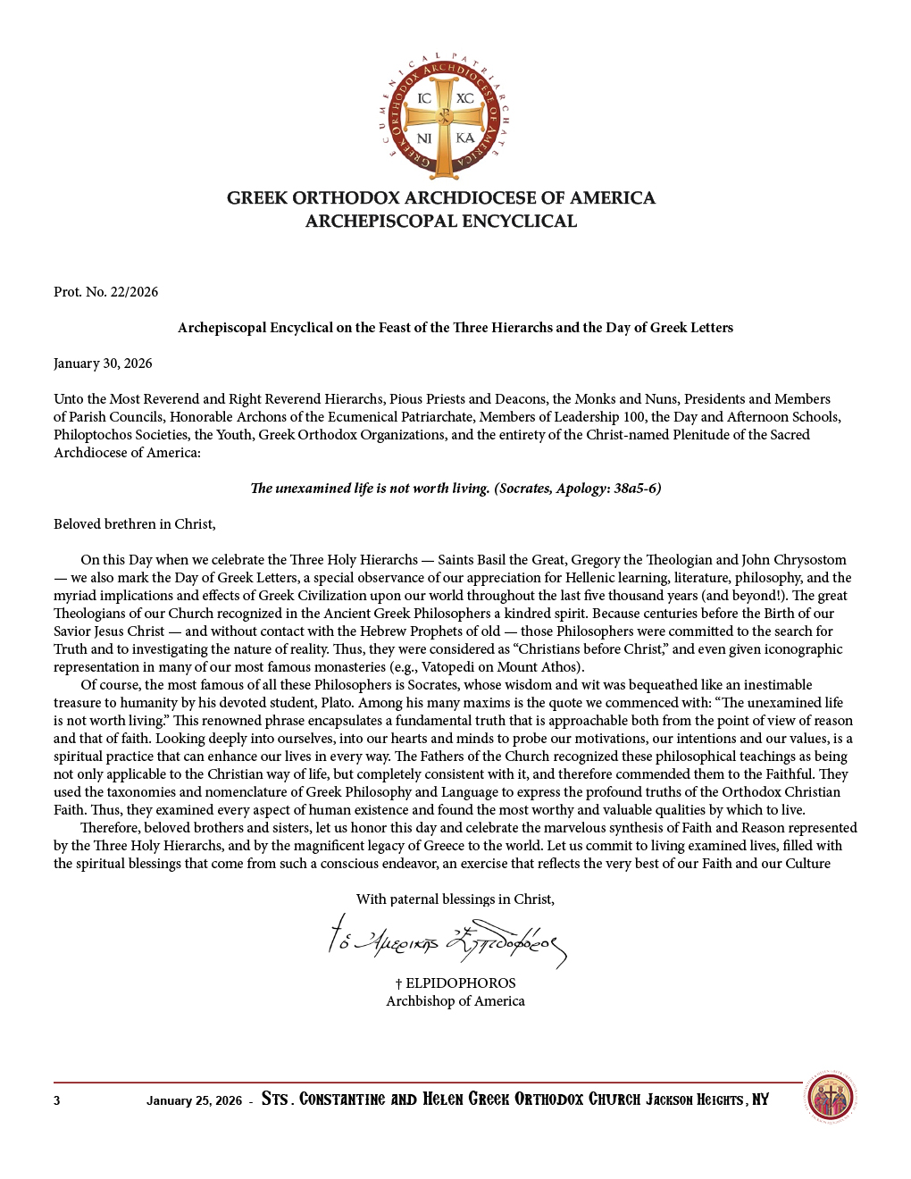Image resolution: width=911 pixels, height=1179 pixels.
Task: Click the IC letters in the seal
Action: (x=424, y=98)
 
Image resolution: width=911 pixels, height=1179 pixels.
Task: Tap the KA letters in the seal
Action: (x=464, y=138)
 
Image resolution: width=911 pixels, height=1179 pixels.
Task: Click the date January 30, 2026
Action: (x=103, y=364)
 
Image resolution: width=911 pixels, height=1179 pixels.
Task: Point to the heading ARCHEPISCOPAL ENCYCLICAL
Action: (x=441, y=222)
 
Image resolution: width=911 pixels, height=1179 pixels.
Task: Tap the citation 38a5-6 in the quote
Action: (x=635, y=489)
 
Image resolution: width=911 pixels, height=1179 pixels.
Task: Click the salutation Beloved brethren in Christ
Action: (x=134, y=524)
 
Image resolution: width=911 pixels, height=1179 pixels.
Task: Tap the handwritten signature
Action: (x=447, y=940)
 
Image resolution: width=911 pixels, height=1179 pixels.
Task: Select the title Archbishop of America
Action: (x=455, y=1001)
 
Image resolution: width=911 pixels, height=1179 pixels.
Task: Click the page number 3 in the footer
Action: (x=57, y=1100)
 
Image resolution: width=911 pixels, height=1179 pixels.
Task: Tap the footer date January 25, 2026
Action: (x=194, y=1100)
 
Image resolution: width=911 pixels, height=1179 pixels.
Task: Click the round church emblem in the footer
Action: (x=831, y=1098)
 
